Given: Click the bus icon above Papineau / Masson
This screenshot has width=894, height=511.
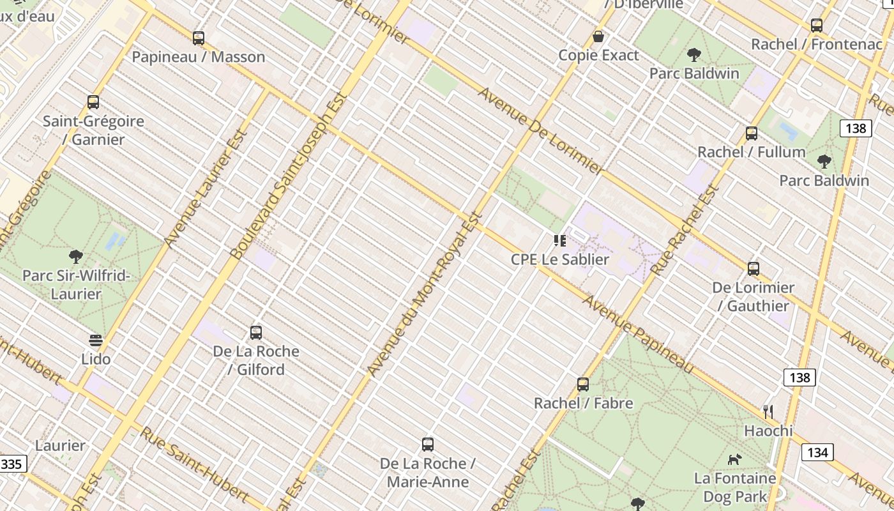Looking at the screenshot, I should point(199,38).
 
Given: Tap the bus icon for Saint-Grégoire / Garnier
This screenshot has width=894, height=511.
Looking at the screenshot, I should point(93,102).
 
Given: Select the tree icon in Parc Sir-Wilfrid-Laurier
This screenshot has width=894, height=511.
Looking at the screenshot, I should point(76,257).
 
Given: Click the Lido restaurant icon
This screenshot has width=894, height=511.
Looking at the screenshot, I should point(96,340).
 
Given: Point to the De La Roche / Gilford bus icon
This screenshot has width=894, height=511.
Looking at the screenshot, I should point(256,333).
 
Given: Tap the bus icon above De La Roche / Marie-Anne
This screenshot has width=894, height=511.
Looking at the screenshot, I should point(428,445).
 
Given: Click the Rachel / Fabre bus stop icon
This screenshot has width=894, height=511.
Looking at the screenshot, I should point(583,385).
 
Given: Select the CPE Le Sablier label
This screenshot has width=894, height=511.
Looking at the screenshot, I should point(560,259).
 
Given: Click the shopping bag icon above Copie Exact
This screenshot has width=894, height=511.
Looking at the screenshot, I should point(598,36).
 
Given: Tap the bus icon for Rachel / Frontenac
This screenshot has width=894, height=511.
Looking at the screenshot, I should point(817,26).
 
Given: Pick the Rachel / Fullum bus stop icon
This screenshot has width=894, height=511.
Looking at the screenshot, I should point(752,133).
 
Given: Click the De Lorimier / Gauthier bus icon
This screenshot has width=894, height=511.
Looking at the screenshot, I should point(754,269).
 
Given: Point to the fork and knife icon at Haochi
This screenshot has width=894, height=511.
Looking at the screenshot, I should point(768,412).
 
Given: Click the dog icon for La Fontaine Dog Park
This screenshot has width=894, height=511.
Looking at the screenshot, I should point(735,459).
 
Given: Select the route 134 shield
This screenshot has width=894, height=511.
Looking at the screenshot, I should point(817,453).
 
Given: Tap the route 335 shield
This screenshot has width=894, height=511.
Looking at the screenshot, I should point(12,464).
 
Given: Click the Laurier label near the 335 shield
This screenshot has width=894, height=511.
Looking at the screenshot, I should point(60,445).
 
